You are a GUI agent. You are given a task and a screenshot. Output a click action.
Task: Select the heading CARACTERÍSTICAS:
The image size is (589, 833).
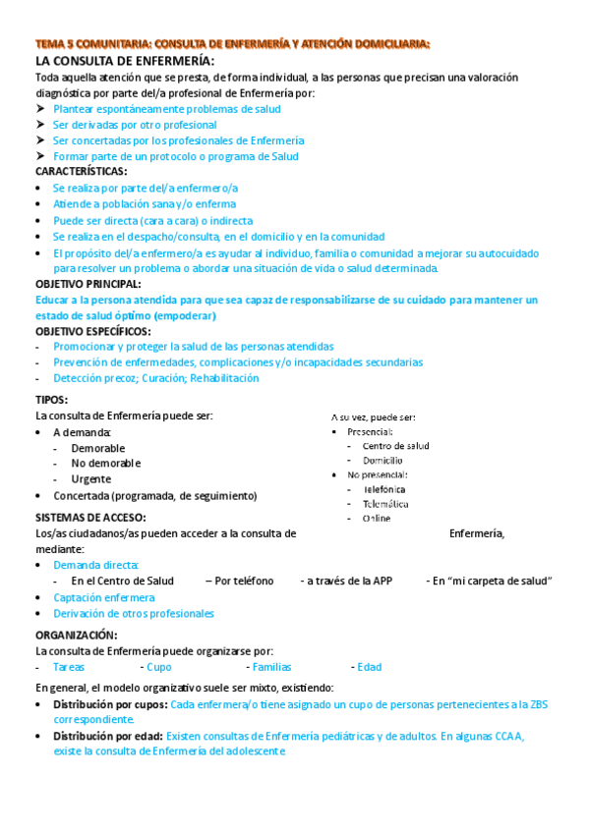(82, 171)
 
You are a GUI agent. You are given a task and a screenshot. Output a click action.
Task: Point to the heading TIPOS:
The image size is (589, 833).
(51, 400)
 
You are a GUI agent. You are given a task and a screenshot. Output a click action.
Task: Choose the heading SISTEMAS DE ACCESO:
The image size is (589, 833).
(90, 518)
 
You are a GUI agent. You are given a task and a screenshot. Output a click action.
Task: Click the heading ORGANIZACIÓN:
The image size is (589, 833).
(76, 636)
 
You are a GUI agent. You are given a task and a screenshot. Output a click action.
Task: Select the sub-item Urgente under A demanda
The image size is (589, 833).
(90, 479)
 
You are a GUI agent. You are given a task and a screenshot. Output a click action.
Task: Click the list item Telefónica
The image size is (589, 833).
(384, 488)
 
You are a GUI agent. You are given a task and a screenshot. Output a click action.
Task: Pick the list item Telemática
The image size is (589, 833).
(385, 503)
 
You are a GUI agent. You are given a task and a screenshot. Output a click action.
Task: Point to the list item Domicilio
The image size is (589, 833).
(383, 460)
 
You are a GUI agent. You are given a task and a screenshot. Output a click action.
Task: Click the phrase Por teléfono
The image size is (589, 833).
(244, 581)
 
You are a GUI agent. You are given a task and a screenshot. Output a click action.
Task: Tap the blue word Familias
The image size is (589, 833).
(271, 667)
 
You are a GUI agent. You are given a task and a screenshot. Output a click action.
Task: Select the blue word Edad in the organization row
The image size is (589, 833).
(370, 667)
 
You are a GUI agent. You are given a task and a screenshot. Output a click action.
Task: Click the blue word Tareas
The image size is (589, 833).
(69, 667)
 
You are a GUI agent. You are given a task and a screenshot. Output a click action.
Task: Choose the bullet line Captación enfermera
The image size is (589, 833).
(103, 597)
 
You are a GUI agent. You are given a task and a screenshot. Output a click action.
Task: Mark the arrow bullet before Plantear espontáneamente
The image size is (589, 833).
(40, 109)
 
